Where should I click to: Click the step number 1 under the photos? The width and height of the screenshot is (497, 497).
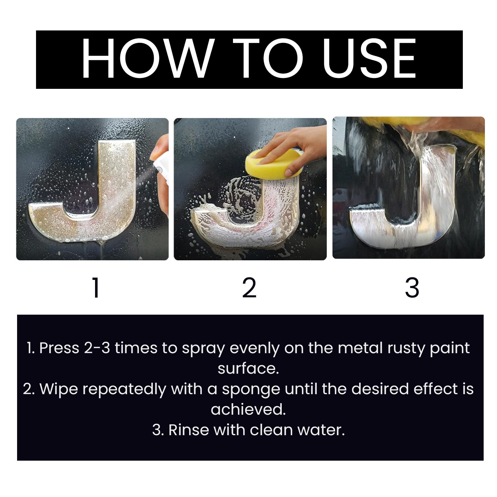coord(96,288)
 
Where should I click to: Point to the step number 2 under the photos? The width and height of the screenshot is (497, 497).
coord(249,288)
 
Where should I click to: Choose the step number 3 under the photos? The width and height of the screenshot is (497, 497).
coord(412,288)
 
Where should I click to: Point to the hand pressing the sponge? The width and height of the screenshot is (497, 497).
coord(295,146)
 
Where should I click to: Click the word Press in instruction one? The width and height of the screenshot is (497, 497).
coord(59,348)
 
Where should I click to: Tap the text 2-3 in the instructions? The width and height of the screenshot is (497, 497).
coord(97,348)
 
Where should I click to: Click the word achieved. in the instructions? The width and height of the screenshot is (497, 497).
coord(248,409)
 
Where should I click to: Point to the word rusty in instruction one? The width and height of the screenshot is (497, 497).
coord(407,348)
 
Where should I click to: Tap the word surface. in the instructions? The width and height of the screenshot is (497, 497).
coord(248,369)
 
